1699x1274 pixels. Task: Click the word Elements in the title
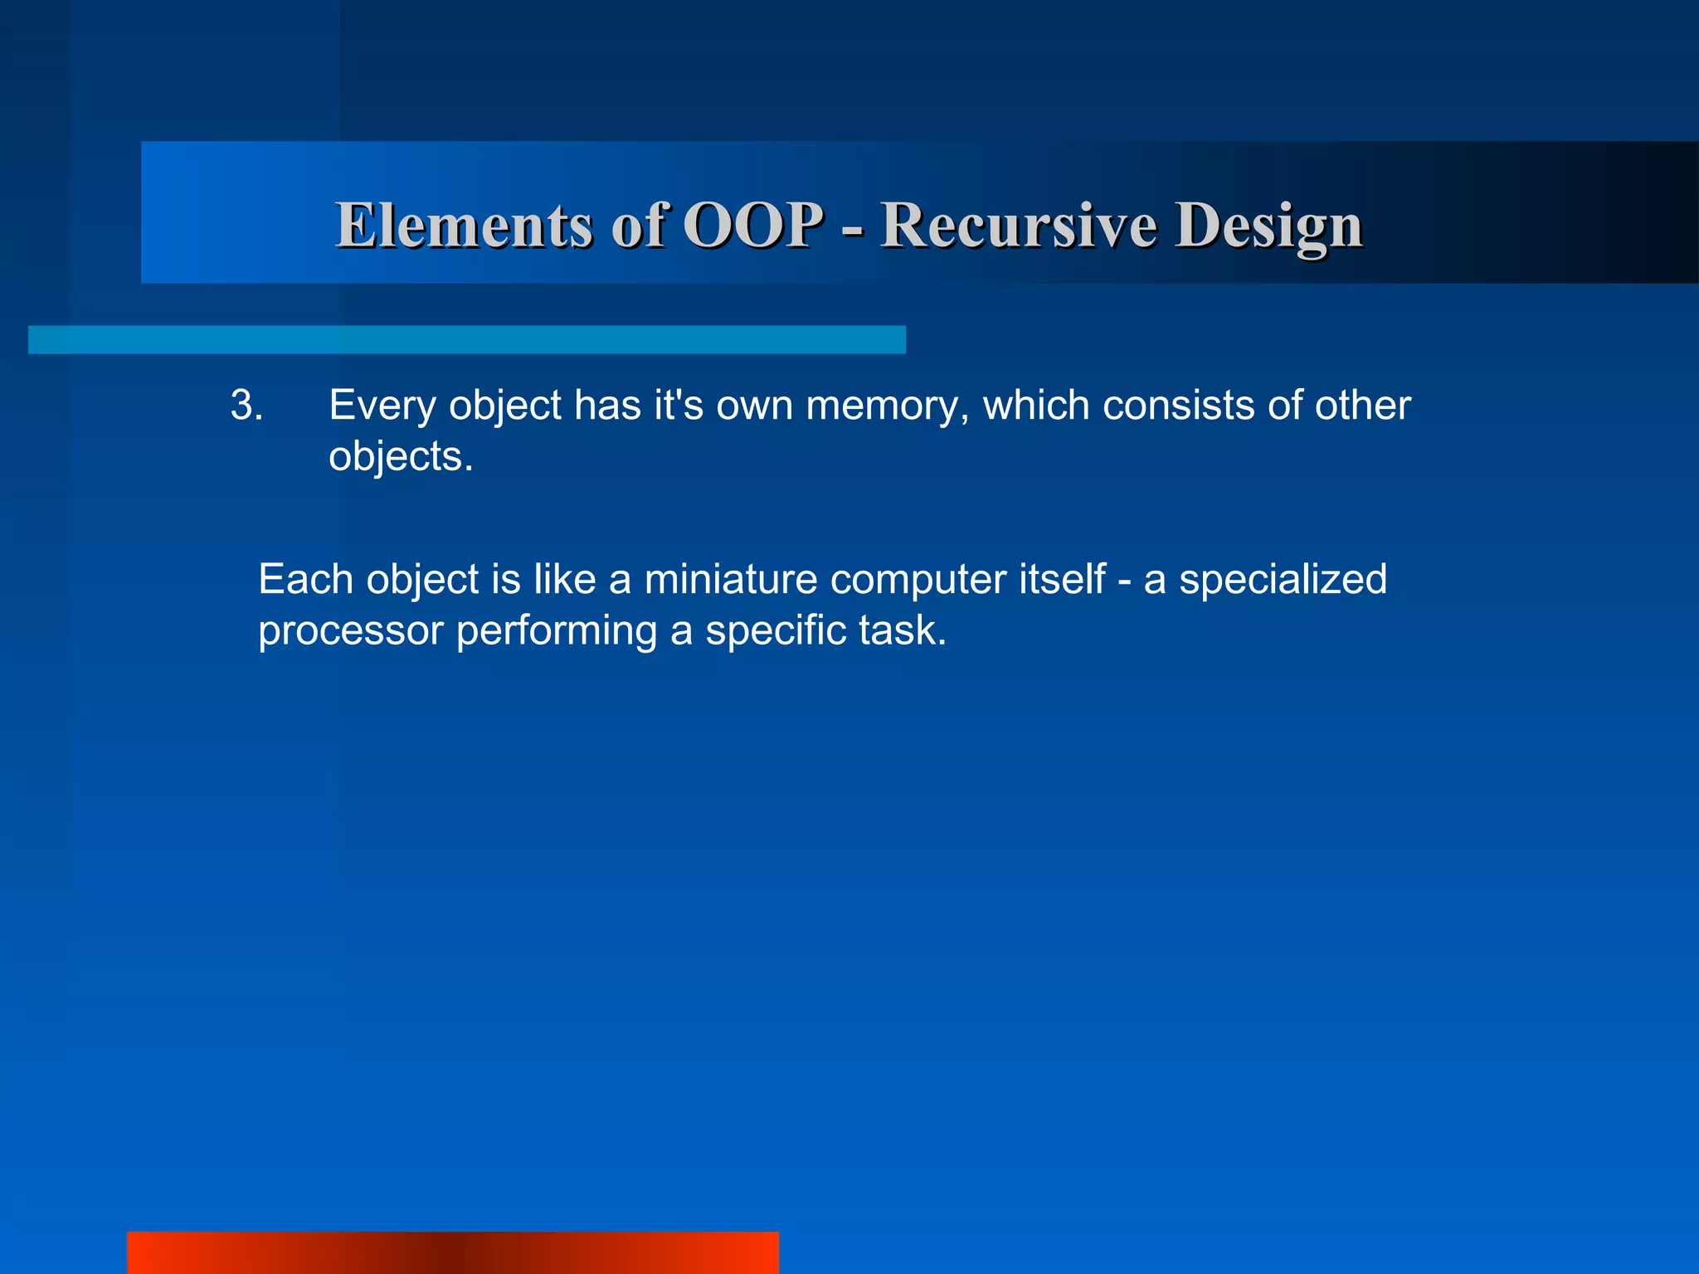pos(464,226)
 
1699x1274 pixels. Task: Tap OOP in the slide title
pos(753,226)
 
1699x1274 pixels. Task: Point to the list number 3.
pos(246,406)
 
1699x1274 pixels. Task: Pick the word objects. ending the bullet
pos(401,457)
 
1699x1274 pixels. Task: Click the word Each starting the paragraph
pos(305,579)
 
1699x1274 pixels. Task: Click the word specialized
pos(1283,579)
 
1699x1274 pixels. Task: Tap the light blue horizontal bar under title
pos(466,339)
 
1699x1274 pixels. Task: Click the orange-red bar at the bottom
pos(453,1252)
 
